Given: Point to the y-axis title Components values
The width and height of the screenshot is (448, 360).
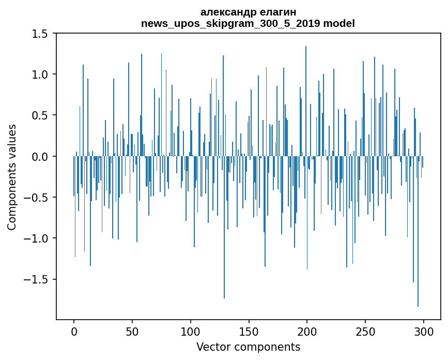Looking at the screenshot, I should pyautogui.click(x=12, y=177).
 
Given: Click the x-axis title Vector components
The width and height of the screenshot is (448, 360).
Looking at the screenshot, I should pyautogui.click(x=248, y=347).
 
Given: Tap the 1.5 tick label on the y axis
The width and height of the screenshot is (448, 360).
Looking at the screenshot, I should pyautogui.click(x=39, y=34).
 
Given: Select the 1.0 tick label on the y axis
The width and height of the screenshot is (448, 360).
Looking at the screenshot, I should pyautogui.click(x=39, y=74).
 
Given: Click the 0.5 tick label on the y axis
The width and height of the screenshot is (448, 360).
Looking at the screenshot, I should pyautogui.click(x=39, y=115).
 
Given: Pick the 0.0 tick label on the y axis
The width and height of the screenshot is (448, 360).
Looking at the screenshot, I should pyautogui.click(x=39, y=156).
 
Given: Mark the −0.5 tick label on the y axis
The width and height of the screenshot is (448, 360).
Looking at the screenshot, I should pyautogui.click(x=36, y=198).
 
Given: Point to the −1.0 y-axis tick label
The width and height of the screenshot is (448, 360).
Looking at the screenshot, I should pyautogui.click(x=36, y=238).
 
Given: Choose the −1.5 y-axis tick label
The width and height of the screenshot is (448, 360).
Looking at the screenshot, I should pyautogui.click(x=36, y=279).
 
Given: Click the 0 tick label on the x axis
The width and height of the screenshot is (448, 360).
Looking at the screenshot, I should pyautogui.click(x=74, y=331).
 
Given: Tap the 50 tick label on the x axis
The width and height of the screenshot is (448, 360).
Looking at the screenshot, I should pyautogui.click(x=132, y=331).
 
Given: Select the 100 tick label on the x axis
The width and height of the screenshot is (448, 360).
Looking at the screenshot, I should pyautogui.click(x=191, y=331).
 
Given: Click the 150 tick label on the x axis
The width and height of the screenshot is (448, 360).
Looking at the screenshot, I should pyautogui.click(x=249, y=331).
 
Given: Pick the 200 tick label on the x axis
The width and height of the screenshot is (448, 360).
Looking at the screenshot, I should pyautogui.click(x=307, y=331).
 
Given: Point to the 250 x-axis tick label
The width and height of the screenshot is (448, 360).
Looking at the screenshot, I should pyautogui.click(x=365, y=331).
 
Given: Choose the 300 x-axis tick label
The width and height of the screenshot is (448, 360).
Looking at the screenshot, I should pyautogui.click(x=424, y=331).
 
